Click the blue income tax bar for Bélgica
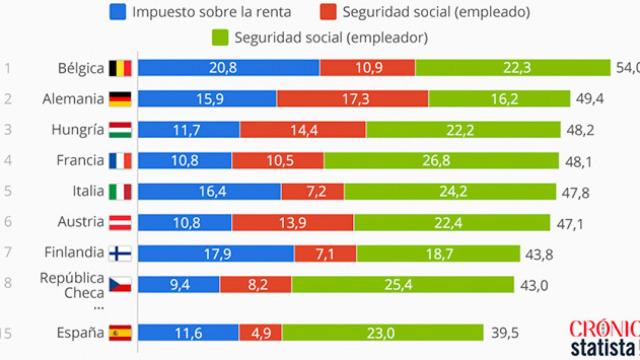(228, 68)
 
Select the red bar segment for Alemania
(353, 99)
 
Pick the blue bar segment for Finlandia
(215, 253)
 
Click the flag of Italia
(120, 191)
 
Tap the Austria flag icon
(120, 222)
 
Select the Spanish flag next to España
(120, 331)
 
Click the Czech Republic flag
(120, 284)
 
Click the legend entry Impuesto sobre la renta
(207, 12)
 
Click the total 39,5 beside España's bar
(528, 331)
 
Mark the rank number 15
(8, 331)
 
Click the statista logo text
(602, 348)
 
